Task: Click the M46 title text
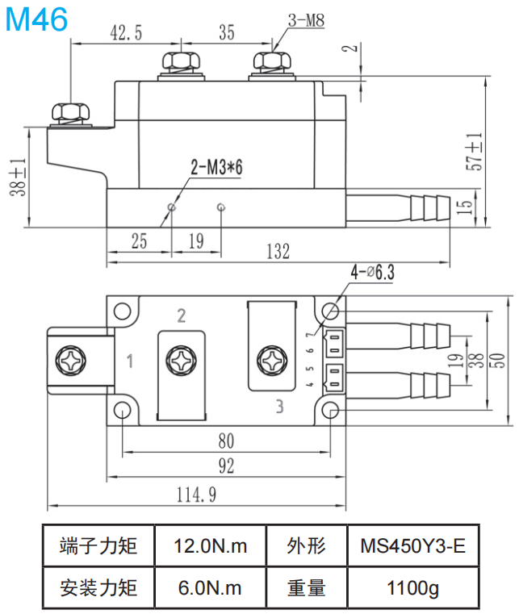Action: [36, 19]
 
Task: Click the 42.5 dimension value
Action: [126, 32]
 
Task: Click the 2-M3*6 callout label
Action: [216, 167]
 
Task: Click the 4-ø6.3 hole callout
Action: [371, 273]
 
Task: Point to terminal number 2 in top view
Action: [182, 315]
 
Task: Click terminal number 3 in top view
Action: [279, 406]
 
